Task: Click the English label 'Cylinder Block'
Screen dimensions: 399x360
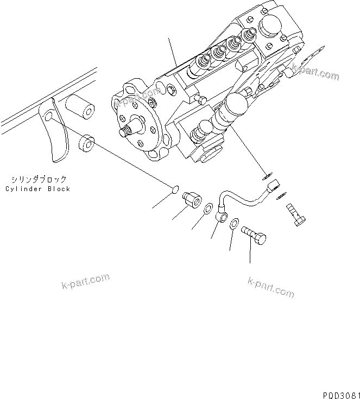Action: click(x=37, y=189)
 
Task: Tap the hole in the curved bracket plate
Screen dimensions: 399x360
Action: click(x=49, y=117)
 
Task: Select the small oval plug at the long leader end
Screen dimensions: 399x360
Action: click(x=174, y=189)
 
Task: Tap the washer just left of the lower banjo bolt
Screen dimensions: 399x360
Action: click(x=234, y=223)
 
